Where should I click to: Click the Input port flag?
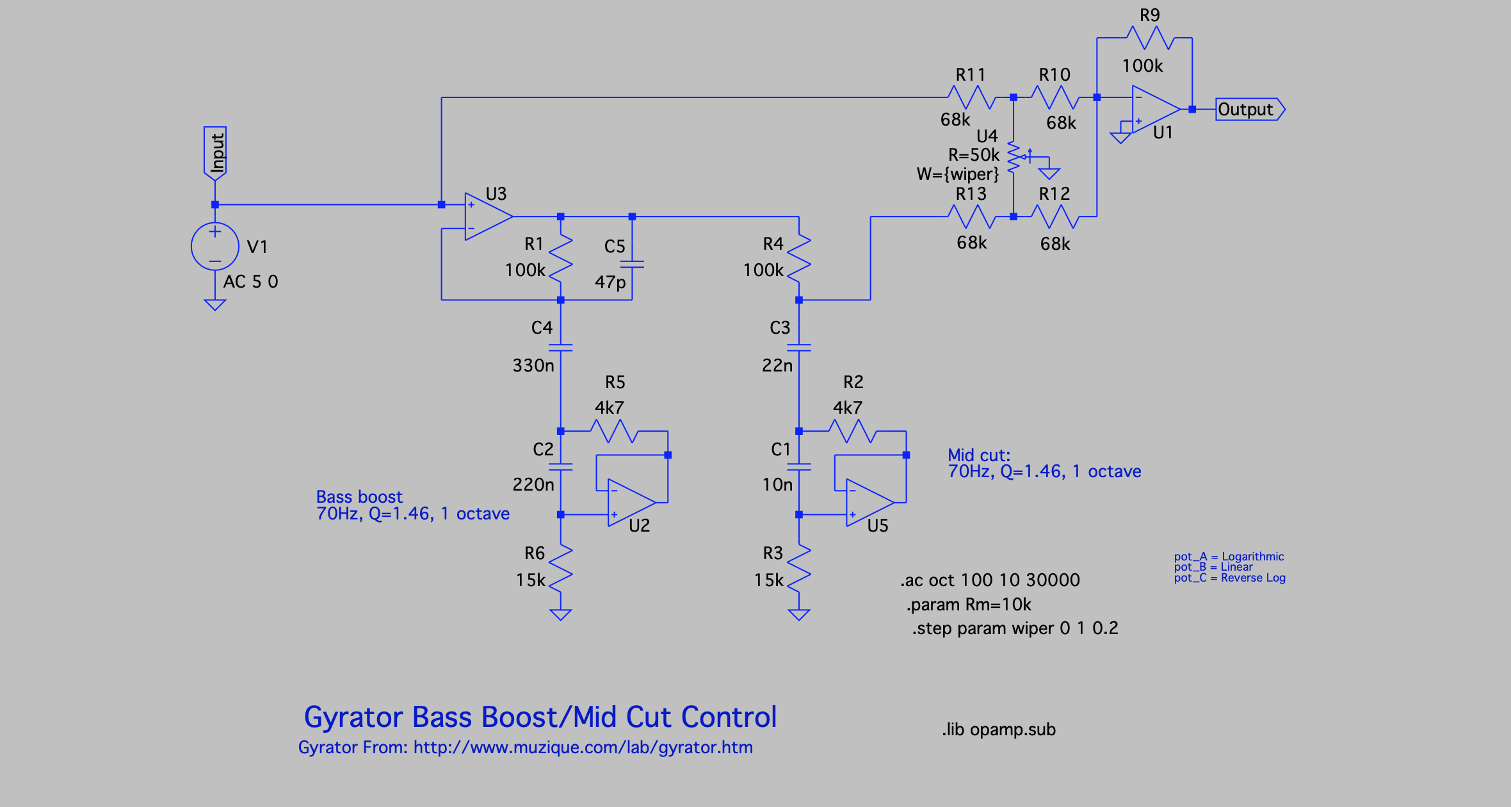(x=215, y=152)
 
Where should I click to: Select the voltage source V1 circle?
(x=215, y=247)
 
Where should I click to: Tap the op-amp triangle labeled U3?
(x=486, y=216)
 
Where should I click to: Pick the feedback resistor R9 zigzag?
(x=1150, y=38)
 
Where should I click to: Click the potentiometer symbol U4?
(x=1014, y=156)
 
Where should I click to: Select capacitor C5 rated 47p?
(x=632, y=264)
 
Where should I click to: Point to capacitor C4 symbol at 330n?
(x=561, y=347)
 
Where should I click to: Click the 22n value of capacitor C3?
(x=777, y=366)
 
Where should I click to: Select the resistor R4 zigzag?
(x=799, y=259)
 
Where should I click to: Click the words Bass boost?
(x=359, y=497)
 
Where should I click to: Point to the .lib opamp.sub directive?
(x=998, y=730)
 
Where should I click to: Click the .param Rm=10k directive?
(x=969, y=605)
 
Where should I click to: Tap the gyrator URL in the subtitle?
(x=583, y=747)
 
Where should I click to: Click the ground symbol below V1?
(x=215, y=305)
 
